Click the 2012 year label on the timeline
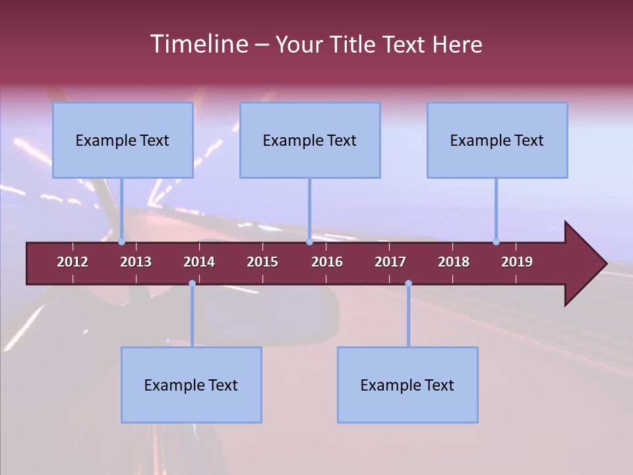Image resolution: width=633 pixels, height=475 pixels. [x=73, y=262]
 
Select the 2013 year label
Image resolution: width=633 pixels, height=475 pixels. [x=136, y=262]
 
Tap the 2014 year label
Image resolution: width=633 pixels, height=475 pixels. [x=199, y=262]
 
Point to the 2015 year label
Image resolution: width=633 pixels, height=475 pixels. [x=262, y=262]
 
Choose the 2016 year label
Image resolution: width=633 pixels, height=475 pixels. [x=327, y=262]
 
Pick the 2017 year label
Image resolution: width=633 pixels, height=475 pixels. [x=390, y=262]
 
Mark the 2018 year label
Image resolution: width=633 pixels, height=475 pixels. [x=454, y=262]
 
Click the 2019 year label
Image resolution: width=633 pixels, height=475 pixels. [x=517, y=262]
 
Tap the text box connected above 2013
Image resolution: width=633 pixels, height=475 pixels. [x=123, y=140]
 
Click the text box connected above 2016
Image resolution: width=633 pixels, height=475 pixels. [x=310, y=140]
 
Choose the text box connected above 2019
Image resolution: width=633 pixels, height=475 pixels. [x=497, y=140]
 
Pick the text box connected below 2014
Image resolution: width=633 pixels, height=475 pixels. [x=191, y=385]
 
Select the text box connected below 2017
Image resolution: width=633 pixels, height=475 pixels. [x=407, y=385]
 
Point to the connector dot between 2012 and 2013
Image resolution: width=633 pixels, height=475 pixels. [x=122, y=241]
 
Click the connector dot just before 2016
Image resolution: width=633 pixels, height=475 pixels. [x=309, y=241]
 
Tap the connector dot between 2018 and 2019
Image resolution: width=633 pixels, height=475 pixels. [x=496, y=241]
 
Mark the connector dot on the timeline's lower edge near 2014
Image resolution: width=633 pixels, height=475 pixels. [x=192, y=283]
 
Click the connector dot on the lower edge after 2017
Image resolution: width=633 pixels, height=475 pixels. [x=408, y=283]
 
